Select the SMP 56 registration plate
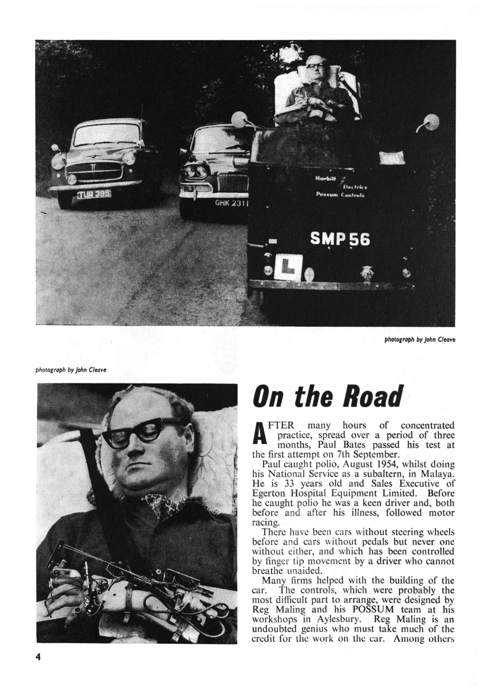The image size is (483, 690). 339,239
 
